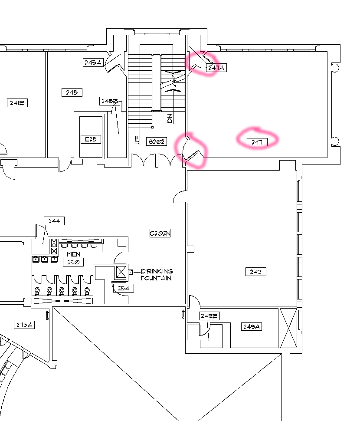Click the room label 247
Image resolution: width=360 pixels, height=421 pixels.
coord(257,142)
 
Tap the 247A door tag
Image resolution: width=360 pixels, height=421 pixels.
coord(216,68)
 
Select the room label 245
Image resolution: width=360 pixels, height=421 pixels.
coord(72,92)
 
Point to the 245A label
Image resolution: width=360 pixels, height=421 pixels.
coord(93,62)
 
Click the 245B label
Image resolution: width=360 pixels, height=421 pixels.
coord(110,101)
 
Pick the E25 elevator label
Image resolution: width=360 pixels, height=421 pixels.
coord(91,139)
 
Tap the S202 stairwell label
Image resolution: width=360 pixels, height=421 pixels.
coord(157,141)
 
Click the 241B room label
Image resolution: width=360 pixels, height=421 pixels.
coord(17,102)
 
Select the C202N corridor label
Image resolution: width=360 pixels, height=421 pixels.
coord(160,234)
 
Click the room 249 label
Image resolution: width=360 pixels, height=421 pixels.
coord(255,272)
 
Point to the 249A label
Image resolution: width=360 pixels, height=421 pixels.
coord(252,326)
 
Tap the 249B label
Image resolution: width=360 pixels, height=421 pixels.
coord(209,316)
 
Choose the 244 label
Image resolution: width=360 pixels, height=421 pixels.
coord(54,221)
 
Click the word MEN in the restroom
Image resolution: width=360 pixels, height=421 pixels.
coord(73,254)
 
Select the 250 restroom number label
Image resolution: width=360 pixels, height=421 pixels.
coord(73,262)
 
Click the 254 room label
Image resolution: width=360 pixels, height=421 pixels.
coord(124,288)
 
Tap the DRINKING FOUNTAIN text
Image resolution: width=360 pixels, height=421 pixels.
coord(157,274)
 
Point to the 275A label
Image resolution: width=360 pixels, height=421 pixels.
coord(24,325)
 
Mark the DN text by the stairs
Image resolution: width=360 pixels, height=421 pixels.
coord(170,118)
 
